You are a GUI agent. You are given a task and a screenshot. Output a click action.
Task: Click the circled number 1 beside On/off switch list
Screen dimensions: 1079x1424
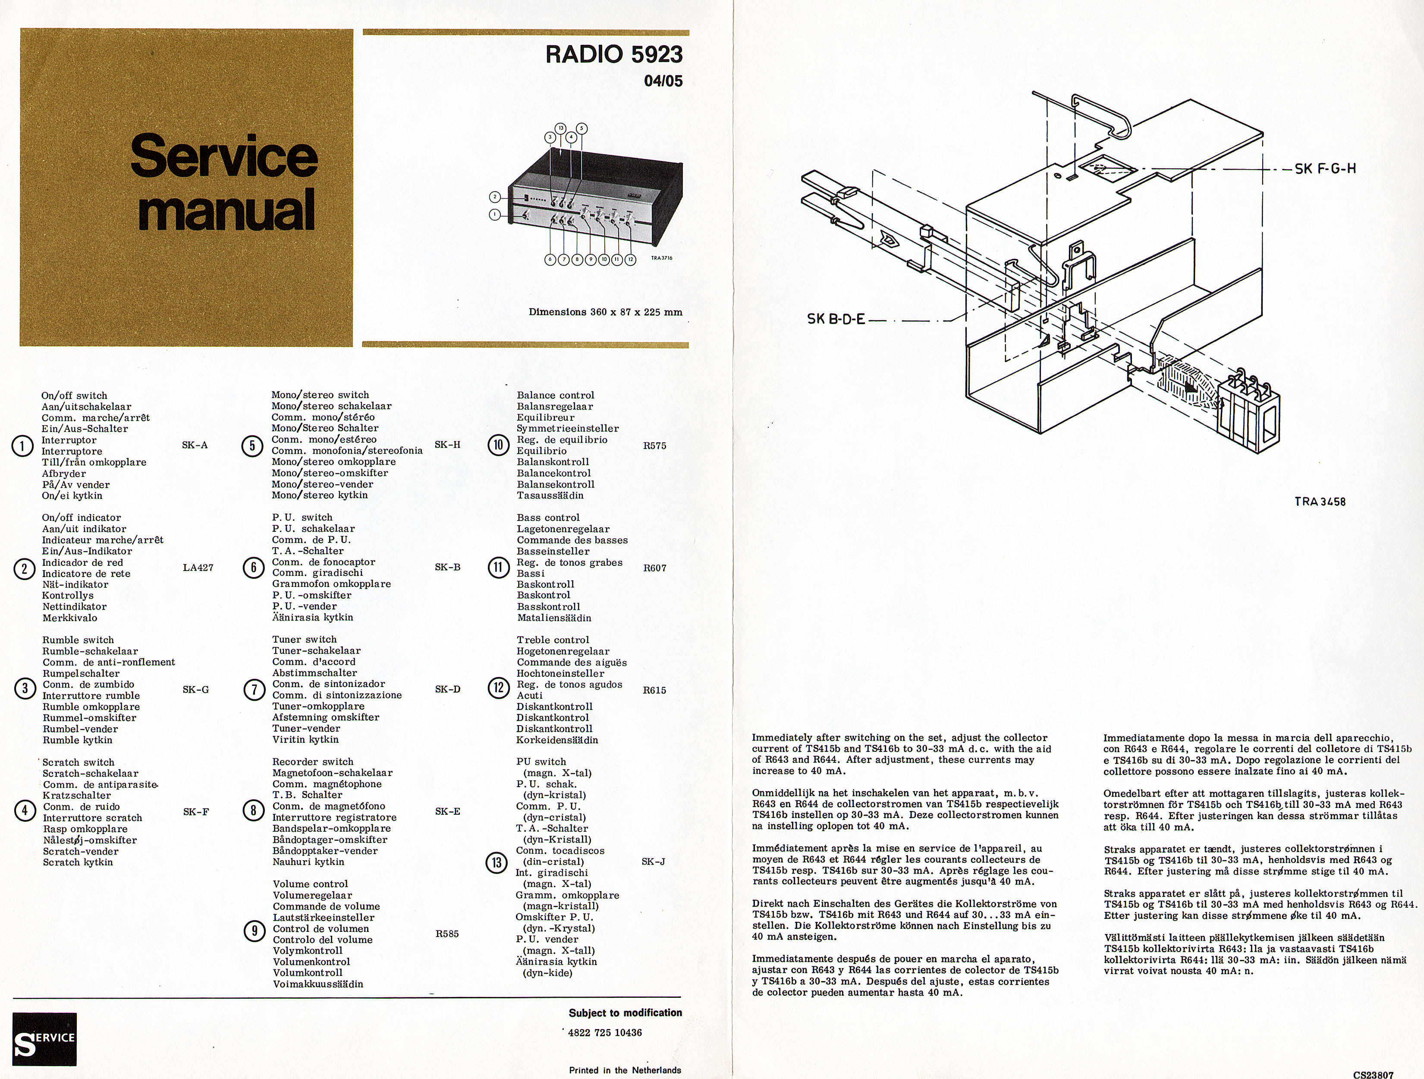pos(22,446)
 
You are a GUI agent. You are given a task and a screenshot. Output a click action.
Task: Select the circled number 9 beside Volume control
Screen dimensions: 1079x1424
pos(254,931)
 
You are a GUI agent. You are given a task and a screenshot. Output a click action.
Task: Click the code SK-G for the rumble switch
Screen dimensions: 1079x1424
pos(196,689)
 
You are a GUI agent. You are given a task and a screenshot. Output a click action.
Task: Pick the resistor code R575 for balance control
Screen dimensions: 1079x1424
pos(655,446)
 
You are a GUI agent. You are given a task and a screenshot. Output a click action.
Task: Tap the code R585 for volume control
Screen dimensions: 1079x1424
pos(447,934)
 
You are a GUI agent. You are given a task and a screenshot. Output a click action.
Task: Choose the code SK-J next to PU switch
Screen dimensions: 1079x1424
pos(654,861)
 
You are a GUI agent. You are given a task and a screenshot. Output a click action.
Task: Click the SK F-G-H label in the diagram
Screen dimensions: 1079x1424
pos(1325,169)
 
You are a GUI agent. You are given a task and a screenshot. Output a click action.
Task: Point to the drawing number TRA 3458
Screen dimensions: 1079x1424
pos(1320,501)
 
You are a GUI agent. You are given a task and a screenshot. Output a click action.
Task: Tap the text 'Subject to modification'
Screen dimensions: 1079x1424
pos(625,1012)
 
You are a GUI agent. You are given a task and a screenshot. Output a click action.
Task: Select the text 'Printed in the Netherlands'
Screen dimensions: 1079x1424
pos(625,1070)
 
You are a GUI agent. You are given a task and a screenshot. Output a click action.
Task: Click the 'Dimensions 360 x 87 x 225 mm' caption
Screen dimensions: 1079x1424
pos(605,312)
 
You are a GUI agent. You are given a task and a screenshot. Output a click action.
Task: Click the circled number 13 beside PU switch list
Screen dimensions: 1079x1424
pos(497,862)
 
